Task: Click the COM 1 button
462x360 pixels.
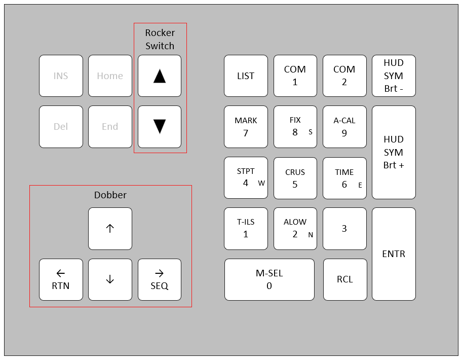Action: [295, 76]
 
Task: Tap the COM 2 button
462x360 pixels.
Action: [344, 76]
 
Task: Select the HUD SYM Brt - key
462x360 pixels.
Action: [394, 76]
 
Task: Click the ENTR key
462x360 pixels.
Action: [394, 254]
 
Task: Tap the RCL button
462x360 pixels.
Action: [344, 279]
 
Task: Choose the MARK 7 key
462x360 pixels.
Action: [246, 127]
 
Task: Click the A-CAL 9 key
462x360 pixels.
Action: [344, 127]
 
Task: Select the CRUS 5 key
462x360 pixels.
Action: [295, 178]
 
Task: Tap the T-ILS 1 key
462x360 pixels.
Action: [246, 228]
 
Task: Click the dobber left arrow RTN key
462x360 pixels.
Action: [61, 279]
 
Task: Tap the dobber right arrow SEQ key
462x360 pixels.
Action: [159, 279]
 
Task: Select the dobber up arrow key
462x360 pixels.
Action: [110, 228]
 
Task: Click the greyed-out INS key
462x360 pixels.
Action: [61, 76]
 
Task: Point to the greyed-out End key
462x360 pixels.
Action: [110, 127]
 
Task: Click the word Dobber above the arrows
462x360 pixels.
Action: [110, 195]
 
